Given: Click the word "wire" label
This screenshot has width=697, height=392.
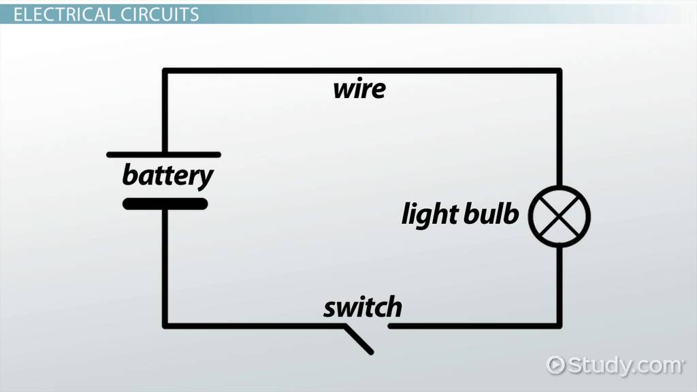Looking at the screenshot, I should (359, 89).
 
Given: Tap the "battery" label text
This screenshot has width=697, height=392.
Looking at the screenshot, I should (167, 176).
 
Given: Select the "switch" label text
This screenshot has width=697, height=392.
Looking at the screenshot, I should (362, 308).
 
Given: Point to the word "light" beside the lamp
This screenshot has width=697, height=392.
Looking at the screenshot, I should (429, 215).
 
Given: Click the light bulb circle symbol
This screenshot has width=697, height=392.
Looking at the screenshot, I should (560, 216).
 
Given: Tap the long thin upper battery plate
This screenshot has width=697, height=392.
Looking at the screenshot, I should (164, 155).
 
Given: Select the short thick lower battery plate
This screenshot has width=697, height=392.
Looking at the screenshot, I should (165, 203).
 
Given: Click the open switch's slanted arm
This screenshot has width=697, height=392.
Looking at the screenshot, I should (359, 340).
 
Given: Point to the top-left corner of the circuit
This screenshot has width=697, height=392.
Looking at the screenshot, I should (165, 71).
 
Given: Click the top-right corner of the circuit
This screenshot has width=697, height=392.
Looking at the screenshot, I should (560, 71).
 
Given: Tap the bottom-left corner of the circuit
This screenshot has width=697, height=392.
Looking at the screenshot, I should (165, 325).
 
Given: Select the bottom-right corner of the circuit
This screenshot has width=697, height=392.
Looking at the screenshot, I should (560, 325).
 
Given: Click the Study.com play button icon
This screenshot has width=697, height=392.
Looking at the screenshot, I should (556, 365).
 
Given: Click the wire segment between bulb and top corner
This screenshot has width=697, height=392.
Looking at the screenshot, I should (560, 129).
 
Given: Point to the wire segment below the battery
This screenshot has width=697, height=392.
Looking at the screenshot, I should (165, 265).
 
